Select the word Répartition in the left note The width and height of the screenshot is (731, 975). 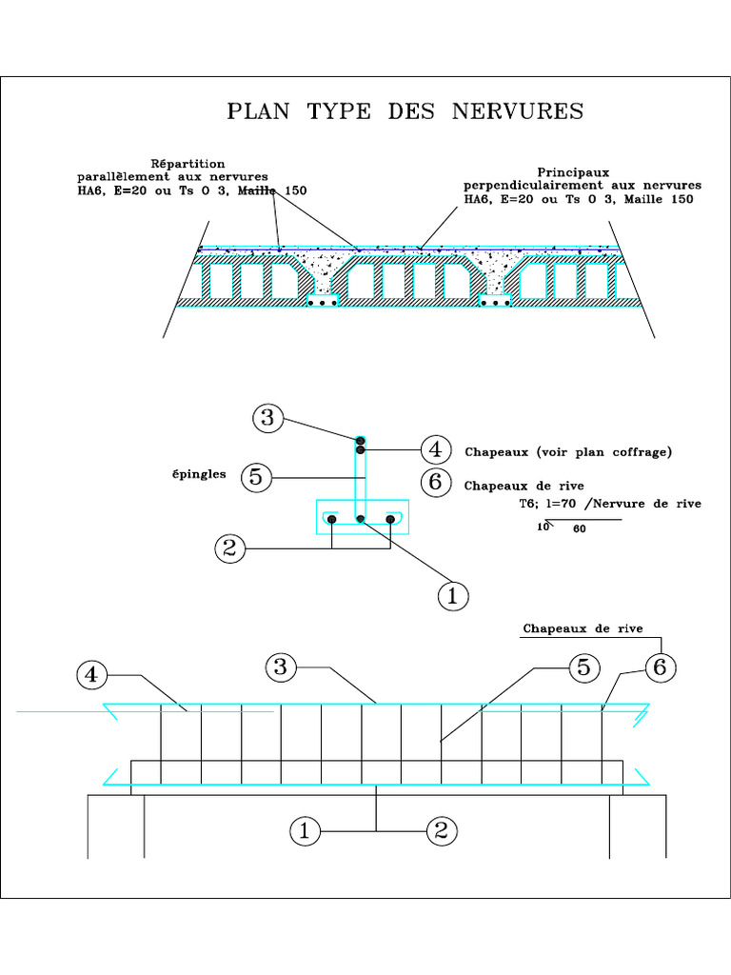(x=188, y=163)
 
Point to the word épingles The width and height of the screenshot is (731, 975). (x=200, y=474)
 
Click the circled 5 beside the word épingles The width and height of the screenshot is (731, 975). (x=255, y=476)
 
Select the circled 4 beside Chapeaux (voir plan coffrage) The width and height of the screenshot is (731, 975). (x=435, y=449)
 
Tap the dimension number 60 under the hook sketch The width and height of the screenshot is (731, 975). (x=579, y=530)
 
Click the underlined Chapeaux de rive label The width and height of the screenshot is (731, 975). (x=583, y=628)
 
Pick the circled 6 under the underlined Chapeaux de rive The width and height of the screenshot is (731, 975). (x=659, y=667)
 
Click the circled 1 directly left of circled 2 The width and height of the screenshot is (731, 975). (x=305, y=831)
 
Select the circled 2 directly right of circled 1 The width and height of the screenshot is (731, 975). (x=441, y=831)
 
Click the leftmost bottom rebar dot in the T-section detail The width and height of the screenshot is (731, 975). (x=331, y=519)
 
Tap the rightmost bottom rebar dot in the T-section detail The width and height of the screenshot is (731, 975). (x=390, y=519)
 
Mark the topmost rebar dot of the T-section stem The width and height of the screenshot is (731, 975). (x=361, y=440)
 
